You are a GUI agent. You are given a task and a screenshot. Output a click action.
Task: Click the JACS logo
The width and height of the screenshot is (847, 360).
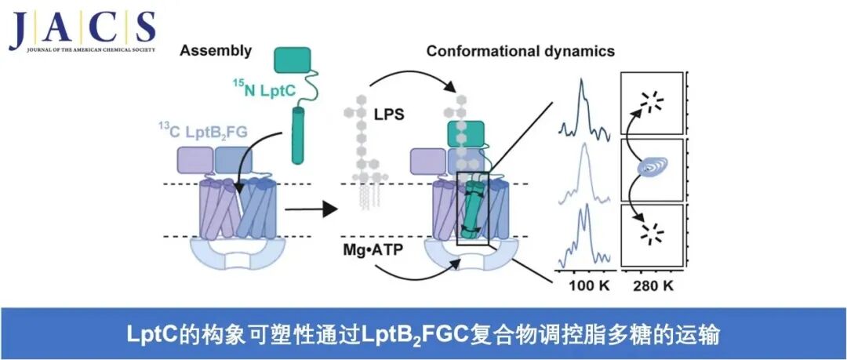click(x=82, y=31)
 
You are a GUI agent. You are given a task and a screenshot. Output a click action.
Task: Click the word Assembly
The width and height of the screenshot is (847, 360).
click(x=216, y=52)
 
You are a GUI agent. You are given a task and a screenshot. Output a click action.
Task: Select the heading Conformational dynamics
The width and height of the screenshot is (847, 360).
click(x=520, y=52)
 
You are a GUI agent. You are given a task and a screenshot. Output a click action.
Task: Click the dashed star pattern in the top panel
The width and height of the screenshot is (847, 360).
click(x=650, y=100)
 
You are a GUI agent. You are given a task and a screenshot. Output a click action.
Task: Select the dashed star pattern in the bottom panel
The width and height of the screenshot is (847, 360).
click(x=650, y=231)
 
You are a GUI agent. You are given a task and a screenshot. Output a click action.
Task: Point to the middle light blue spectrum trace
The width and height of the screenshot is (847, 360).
click(x=582, y=176)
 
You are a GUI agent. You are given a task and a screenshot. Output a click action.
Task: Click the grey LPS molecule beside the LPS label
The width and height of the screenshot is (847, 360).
click(x=358, y=157)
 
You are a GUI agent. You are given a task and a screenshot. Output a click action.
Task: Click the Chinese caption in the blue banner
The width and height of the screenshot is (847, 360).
click(x=423, y=333)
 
